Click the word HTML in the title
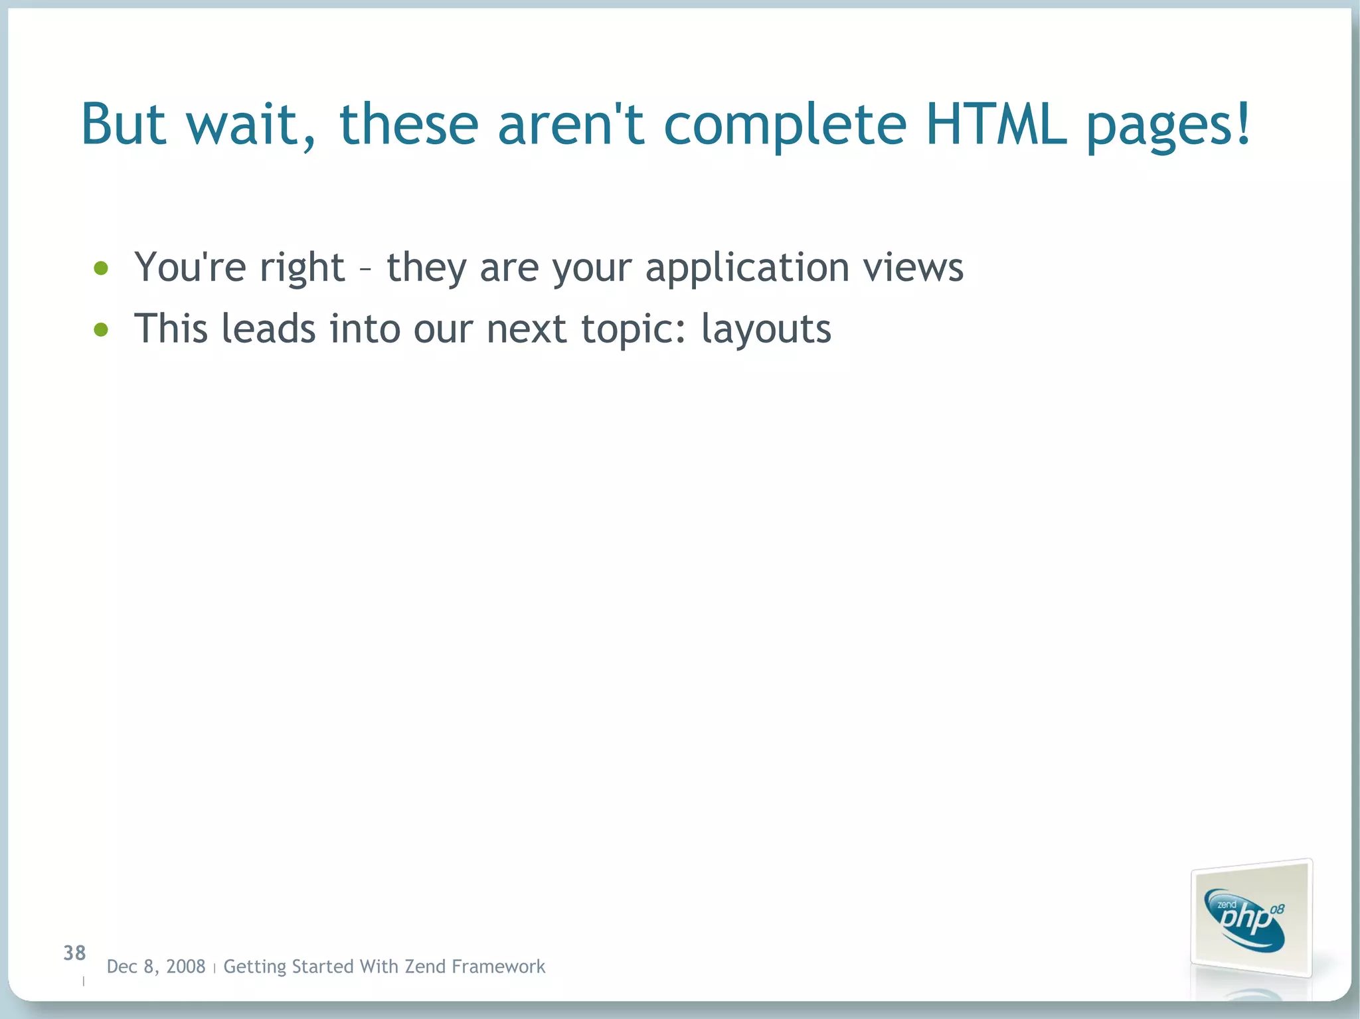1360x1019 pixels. point(995,124)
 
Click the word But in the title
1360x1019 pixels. point(123,124)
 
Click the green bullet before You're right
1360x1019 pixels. point(101,268)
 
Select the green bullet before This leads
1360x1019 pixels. point(101,329)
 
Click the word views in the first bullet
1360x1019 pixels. point(913,267)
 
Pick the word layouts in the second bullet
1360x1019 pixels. point(766,329)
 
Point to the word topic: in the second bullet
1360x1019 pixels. point(634,329)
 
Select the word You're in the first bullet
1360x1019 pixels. point(190,267)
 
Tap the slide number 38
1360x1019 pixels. point(74,953)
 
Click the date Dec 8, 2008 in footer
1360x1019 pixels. point(156,967)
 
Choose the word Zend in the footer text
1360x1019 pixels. point(424,967)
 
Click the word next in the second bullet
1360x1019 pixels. point(527,329)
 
